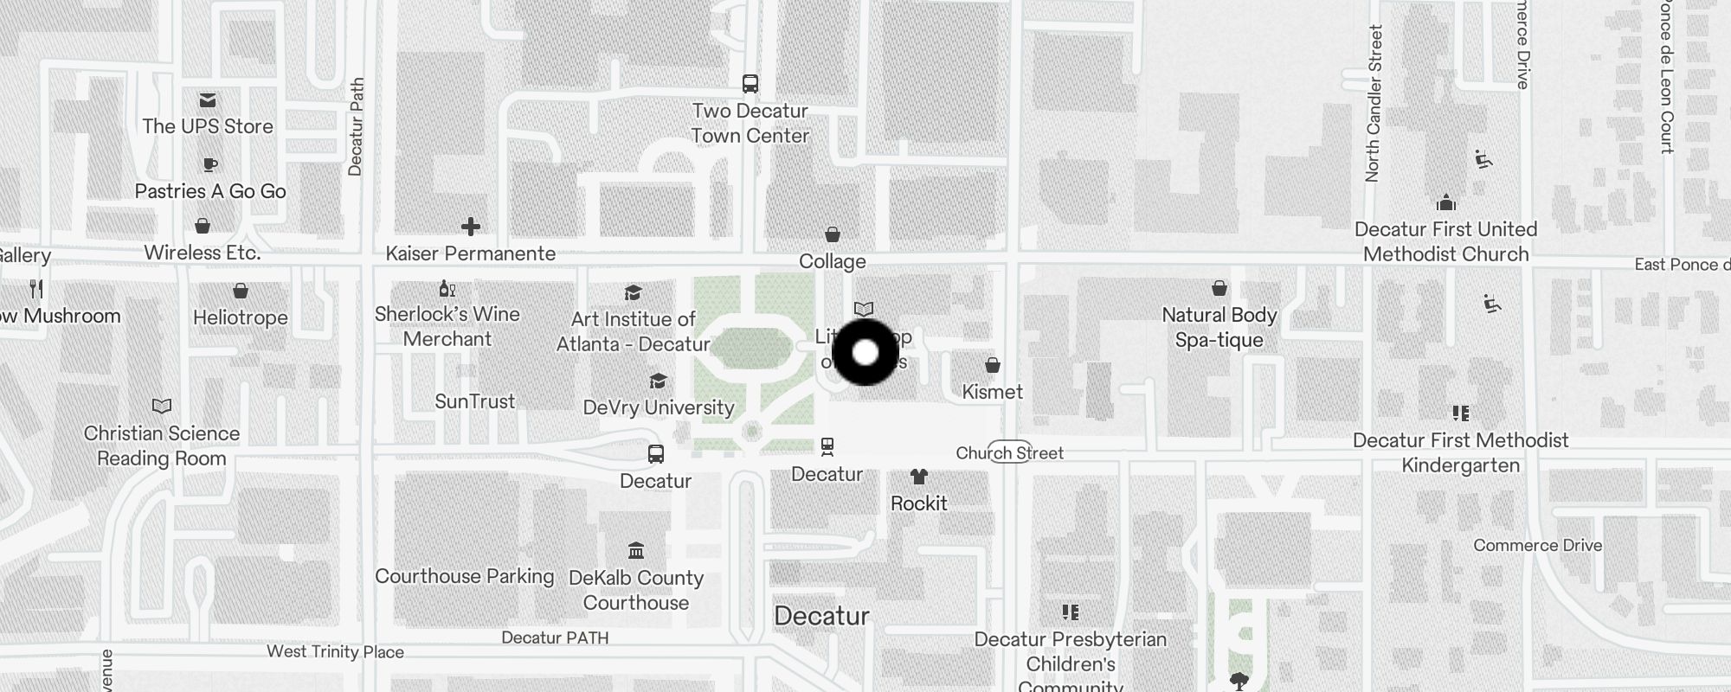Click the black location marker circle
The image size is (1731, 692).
(865, 352)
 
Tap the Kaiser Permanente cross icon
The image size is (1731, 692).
(471, 227)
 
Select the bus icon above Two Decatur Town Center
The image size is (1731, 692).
(750, 84)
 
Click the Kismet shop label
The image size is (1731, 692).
(992, 392)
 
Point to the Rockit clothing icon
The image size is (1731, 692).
(918, 477)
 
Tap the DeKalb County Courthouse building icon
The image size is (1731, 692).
(636, 550)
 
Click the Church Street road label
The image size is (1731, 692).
(1009, 452)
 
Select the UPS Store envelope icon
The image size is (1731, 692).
(208, 100)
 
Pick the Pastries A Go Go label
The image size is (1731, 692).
(210, 191)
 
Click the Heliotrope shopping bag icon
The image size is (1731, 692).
(241, 292)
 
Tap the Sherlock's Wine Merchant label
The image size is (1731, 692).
(447, 326)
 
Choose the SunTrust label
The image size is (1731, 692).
(474, 401)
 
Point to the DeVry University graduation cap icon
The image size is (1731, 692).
(658, 381)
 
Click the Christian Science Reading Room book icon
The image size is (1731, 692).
(162, 406)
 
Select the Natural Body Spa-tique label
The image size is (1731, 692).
(1219, 327)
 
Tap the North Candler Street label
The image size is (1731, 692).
(1374, 104)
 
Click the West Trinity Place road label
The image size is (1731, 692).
(335, 651)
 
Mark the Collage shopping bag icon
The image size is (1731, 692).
(832, 234)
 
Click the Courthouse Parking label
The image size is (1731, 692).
(464, 576)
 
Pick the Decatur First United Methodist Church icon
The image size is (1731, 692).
(1445, 204)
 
